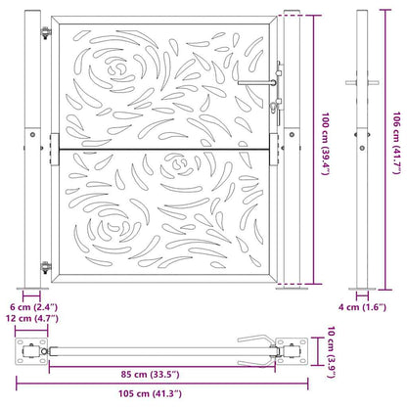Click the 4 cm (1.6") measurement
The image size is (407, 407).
[363, 307]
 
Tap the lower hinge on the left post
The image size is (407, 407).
[44, 267]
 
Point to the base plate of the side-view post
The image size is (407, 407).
[363, 290]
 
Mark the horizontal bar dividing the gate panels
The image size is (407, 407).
[162, 149]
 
